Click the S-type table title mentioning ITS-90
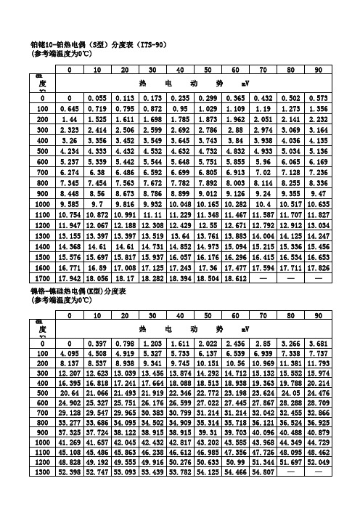[97, 44]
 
